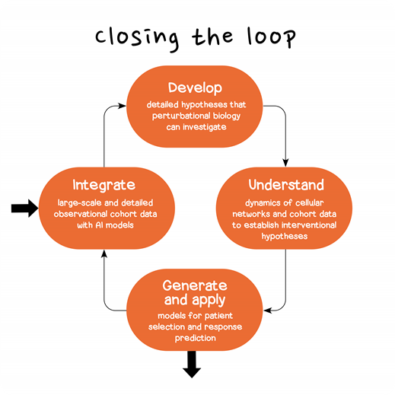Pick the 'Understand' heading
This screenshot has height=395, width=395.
tap(285, 185)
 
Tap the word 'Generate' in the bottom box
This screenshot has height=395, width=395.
tap(195, 285)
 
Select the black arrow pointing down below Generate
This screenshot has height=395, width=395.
tap(192, 367)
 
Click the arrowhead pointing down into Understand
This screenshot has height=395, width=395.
tap(286, 161)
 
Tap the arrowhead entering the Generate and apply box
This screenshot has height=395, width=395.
tap(268, 311)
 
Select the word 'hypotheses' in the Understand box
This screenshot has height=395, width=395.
tap(285, 236)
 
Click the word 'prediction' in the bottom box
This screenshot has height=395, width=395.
tap(195, 338)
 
